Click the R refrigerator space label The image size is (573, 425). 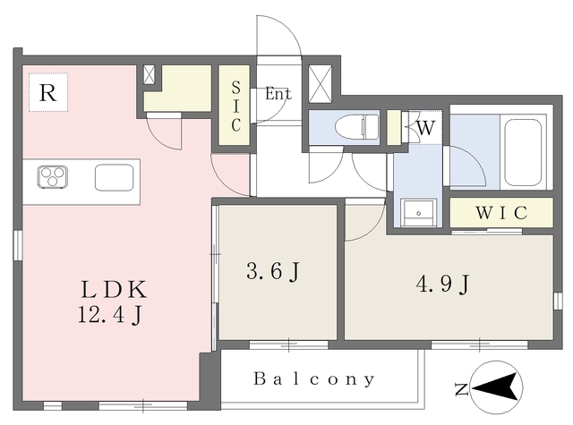click(x=47, y=93)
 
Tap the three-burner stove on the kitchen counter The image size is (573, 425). click(x=53, y=177)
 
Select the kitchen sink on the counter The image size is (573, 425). click(x=114, y=177)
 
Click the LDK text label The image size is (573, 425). click(x=114, y=290)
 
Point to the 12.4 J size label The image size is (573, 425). click(x=109, y=314)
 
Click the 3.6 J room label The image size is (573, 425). click(x=273, y=271)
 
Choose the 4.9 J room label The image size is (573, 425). click(x=442, y=284)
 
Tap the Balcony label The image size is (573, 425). click(x=314, y=379)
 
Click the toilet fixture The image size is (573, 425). click(x=357, y=127)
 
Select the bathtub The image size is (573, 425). click(x=523, y=152)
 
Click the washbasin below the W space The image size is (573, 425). click(x=418, y=213)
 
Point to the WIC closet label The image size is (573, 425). click(x=501, y=213)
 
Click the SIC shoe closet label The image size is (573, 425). click(x=236, y=106)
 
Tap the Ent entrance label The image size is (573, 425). click(x=278, y=94)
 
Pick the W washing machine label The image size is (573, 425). click(x=426, y=128)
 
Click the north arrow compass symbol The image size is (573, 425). click(x=496, y=387)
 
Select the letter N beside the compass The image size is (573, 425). click(x=462, y=389)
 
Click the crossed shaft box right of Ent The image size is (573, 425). click(x=321, y=84)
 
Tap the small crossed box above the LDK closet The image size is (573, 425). click(x=150, y=74)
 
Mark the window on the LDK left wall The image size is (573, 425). click(x=18, y=245)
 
